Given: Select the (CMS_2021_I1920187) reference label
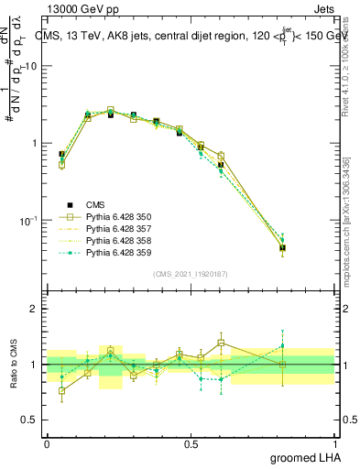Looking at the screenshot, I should click(x=190, y=274).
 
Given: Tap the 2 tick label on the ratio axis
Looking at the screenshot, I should click(x=35, y=310).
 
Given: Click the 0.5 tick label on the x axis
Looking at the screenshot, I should click(x=191, y=442).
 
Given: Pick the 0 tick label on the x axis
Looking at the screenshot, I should click(x=47, y=442).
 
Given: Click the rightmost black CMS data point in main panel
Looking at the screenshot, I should click(x=282, y=247).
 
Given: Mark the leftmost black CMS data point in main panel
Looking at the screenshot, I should click(x=61, y=155).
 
